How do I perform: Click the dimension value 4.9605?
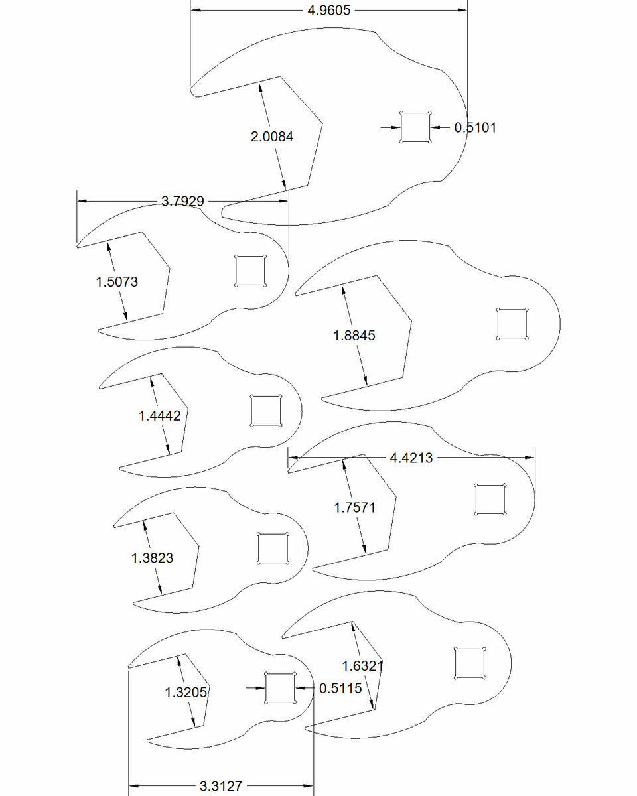point(329,10)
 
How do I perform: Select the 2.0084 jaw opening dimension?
point(272,137)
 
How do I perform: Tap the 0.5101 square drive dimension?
point(475,127)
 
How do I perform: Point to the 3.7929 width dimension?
point(182,201)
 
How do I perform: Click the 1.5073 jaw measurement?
point(117,281)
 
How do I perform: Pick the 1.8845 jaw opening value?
point(354,336)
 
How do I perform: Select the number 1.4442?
point(160,416)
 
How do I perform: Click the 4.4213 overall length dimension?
point(411,458)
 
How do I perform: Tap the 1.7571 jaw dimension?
point(354,508)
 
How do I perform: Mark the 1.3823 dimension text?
point(153,558)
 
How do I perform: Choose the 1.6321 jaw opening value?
point(363,665)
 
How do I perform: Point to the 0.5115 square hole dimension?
point(341,689)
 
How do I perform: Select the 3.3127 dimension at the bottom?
point(221,787)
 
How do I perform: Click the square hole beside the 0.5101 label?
point(415,127)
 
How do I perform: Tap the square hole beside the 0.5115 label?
point(279,688)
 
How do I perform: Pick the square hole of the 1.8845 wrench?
point(512,324)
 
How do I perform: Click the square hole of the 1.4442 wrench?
point(266,411)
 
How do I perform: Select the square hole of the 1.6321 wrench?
point(470,663)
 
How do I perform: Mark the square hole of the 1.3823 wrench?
point(273,549)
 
